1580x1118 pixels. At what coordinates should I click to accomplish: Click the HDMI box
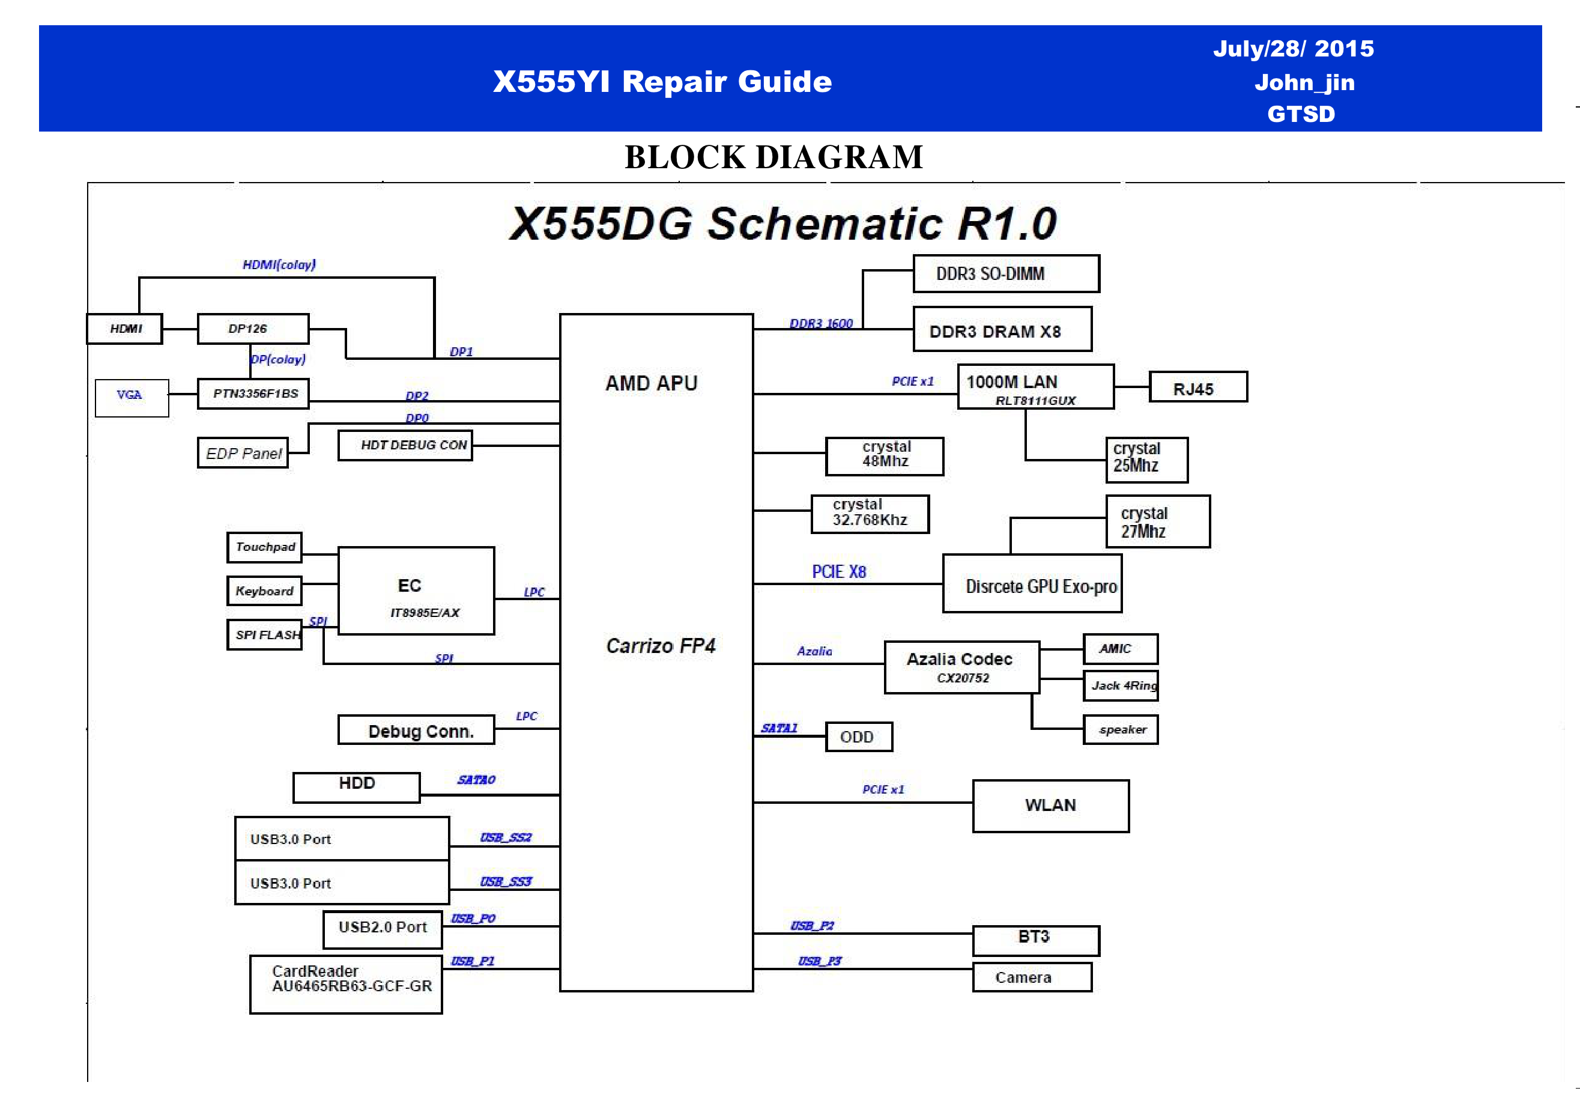click(124, 329)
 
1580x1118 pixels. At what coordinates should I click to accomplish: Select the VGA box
click(132, 397)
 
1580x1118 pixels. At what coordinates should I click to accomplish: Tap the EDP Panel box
click(243, 453)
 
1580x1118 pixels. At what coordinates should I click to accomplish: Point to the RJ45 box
click(1197, 387)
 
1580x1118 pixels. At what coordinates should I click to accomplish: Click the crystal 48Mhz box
click(884, 456)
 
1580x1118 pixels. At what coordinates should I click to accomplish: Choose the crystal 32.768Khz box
click(870, 514)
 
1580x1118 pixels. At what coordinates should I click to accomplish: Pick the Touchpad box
click(265, 547)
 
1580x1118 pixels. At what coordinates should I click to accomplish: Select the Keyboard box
click(264, 591)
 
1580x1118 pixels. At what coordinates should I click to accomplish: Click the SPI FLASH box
click(265, 634)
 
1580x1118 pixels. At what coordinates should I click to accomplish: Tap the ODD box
click(858, 737)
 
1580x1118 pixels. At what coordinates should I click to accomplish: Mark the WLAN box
click(1050, 806)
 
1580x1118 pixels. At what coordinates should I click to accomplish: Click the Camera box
click(1032, 977)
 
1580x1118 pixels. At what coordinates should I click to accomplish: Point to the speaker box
click(1121, 730)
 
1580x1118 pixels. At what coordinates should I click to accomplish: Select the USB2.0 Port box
click(383, 928)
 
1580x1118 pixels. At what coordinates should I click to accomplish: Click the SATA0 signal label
click(476, 779)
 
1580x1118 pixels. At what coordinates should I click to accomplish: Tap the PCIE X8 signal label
click(838, 571)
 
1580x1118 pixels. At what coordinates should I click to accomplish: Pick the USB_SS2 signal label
click(506, 837)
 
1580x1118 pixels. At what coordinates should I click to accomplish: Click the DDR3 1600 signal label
click(821, 323)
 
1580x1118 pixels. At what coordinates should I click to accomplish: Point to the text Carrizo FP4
click(661, 646)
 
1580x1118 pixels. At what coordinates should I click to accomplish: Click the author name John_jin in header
click(1304, 83)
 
